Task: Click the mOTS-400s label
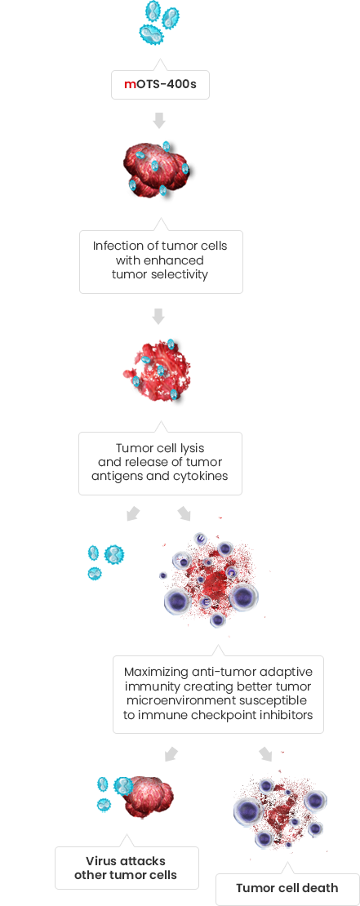coord(160,84)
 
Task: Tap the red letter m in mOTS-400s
coord(130,85)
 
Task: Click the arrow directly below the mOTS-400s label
coord(159,120)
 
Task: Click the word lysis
coord(190,448)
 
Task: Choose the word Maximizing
coord(156,673)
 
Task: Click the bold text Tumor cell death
coord(287,888)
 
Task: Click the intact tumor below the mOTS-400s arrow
coord(158,167)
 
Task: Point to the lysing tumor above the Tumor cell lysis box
coord(157,370)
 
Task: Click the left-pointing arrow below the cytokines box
coord(134,513)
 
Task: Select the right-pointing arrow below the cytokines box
coord(184,513)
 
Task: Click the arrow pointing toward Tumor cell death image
coord(265,754)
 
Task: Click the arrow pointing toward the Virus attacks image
coord(171,754)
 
